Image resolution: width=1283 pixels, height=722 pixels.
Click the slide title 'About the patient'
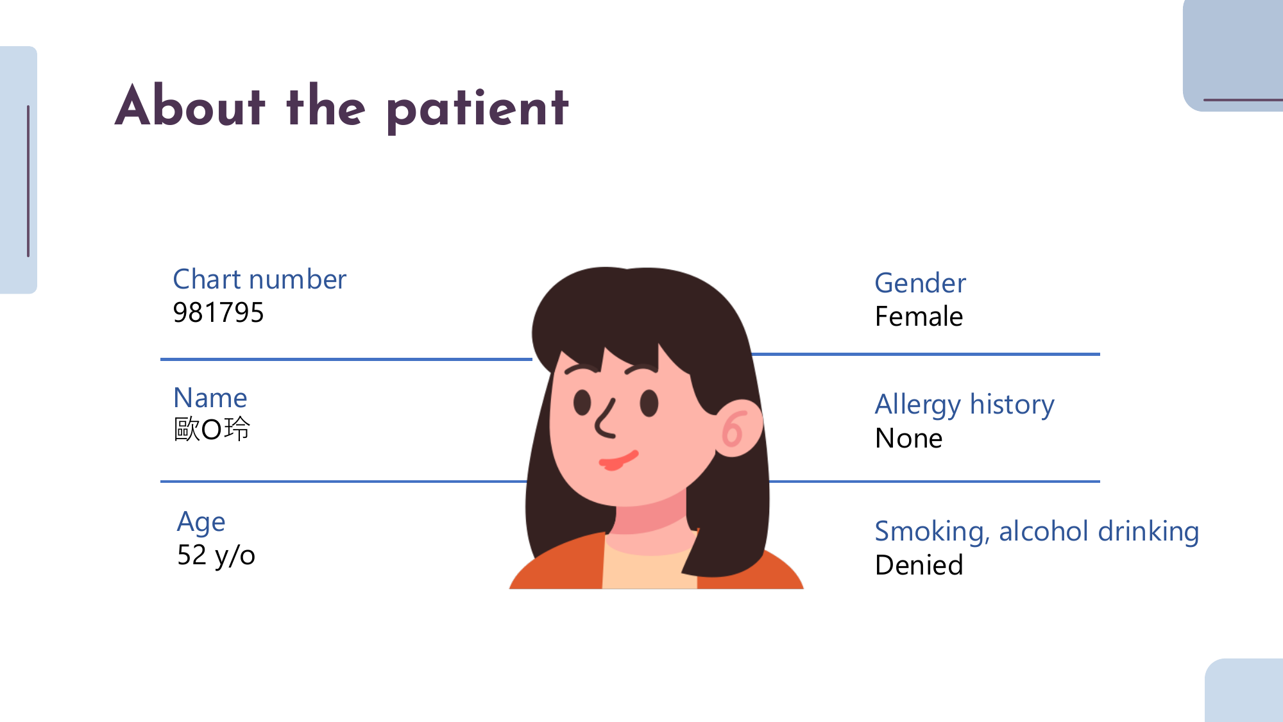pyautogui.click(x=342, y=106)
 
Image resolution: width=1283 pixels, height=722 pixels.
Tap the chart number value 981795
pyautogui.click(x=218, y=313)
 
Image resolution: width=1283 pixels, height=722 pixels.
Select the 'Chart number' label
pyautogui.click(x=260, y=280)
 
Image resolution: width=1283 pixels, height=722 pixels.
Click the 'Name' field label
pyautogui.click(x=210, y=398)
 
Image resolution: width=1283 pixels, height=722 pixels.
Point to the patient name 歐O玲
pyautogui.click(x=212, y=429)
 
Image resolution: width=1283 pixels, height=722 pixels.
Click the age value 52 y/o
pyautogui.click(x=216, y=555)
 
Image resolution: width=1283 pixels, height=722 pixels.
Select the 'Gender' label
pyautogui.click(x=920, y=283)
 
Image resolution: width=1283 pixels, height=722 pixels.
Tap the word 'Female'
pyautogui.click(x=919, y=317)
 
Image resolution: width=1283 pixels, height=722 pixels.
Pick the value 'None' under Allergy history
pyautogui.click(x=909, y=439)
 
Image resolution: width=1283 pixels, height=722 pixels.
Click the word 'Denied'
pyautogui.click(x=919, y=566)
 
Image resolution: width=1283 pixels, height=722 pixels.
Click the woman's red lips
pyautogui.click(x=618, y=460)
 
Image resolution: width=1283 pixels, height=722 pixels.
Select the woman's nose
pyautogui.click(x=605, y=419)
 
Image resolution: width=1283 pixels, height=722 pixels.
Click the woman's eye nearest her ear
pyautogui.click(x=649, y=403)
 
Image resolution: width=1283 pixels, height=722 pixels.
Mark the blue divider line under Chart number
pyautogui.click(x=346, y=359)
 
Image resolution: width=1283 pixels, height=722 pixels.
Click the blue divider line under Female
pyautogui.click(x=926, y=354)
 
